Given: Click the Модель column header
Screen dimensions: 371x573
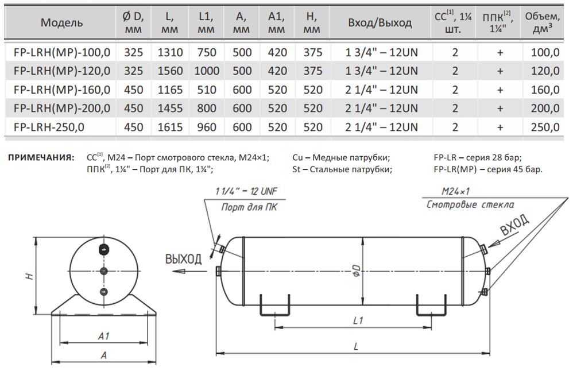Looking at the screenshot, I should (x=62, y=23).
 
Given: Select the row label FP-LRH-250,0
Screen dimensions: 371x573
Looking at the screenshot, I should (x=49, y=127).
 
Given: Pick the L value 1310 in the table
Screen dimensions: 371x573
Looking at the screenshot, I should (x=170, y=52).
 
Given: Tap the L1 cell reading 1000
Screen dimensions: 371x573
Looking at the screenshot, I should (x=207, y=71).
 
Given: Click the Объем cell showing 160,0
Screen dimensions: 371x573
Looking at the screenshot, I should (x=545, y=90).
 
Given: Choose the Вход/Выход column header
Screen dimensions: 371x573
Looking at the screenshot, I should (x=380, y=23).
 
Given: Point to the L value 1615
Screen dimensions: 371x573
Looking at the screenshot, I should (x=170, y=127).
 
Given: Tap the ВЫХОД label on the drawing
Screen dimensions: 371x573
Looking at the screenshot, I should (x=184, y=259).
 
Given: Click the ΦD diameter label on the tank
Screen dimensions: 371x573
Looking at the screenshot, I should (x=357, y=270).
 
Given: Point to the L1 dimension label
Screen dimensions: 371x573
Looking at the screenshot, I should (x=357, y=321).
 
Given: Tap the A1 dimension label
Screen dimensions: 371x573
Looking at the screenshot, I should (x=103, y=336).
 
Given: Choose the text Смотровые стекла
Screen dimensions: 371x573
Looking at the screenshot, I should (x=470, y=204).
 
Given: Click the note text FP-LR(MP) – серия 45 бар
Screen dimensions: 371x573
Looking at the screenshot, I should (x=488, y=169).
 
